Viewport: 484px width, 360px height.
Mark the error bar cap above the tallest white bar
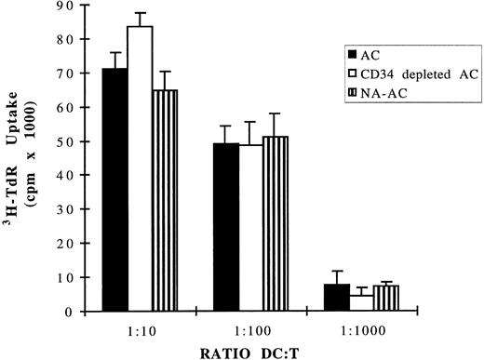click(140, 13)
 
